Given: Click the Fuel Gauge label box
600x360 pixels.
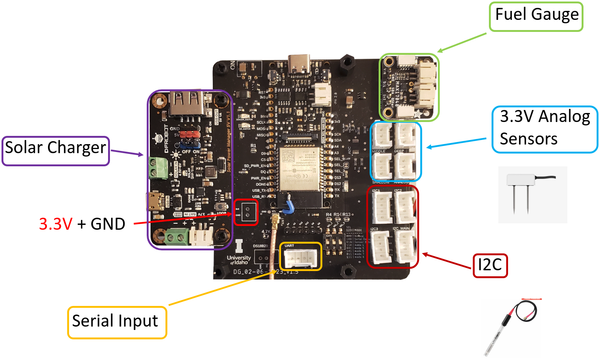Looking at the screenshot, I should [536, 17].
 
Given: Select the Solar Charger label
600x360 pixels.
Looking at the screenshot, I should [56, 151].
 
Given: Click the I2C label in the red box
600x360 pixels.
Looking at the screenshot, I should [490, 265].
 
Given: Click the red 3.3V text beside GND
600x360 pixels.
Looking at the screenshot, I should [56, 224].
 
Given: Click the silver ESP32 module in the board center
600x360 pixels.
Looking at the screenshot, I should [299, 169].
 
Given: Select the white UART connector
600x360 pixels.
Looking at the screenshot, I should [301, 258].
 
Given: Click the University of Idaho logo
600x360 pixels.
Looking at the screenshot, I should [239, 254].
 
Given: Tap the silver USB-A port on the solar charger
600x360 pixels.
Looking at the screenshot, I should [187, 103].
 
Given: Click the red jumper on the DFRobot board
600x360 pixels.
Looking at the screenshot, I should [189, 134].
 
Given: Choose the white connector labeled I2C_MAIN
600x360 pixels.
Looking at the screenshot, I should [405, 246].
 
